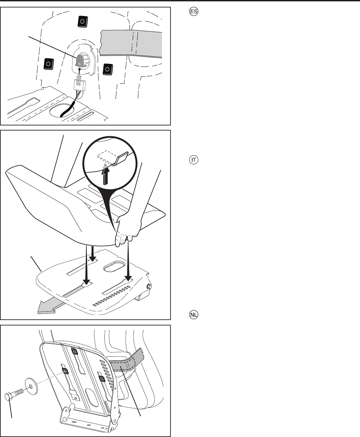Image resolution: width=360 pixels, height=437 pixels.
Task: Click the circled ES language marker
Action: pos(194,11)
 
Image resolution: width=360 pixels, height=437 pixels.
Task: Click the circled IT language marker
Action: pos(194,160)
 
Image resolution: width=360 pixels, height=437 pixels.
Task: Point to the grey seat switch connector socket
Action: pos(81,60)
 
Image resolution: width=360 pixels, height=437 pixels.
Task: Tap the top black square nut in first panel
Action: pos(82,22)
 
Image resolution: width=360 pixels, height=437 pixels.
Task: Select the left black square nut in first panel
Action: pos(48,64)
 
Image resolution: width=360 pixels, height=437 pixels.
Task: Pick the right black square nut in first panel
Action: pos(108,69)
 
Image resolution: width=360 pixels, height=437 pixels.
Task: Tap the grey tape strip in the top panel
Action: pos(131,44)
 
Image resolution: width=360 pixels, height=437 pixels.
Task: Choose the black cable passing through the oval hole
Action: pos(67,109)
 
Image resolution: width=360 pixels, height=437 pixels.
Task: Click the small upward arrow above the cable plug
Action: pos(79,71)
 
